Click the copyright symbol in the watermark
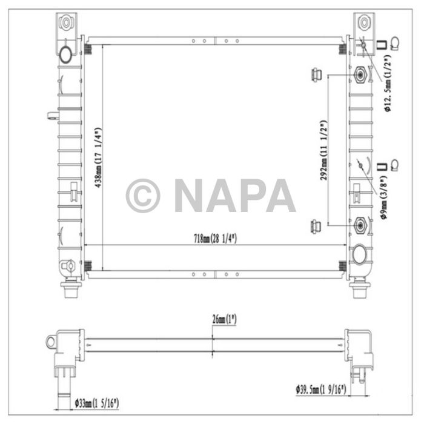point(143,195)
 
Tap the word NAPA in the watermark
point(234,195)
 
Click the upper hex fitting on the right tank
point(359,75)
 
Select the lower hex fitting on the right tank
point(359,226)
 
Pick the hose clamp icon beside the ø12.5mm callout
point(394,42)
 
